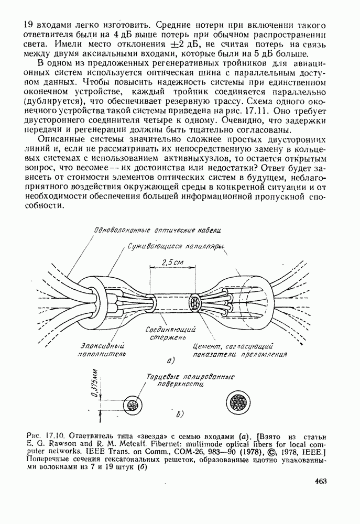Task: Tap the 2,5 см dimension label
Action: tap(171, 262)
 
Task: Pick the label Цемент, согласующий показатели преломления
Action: tap(240, 349)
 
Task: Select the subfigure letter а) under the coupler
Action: tap(170, 361)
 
